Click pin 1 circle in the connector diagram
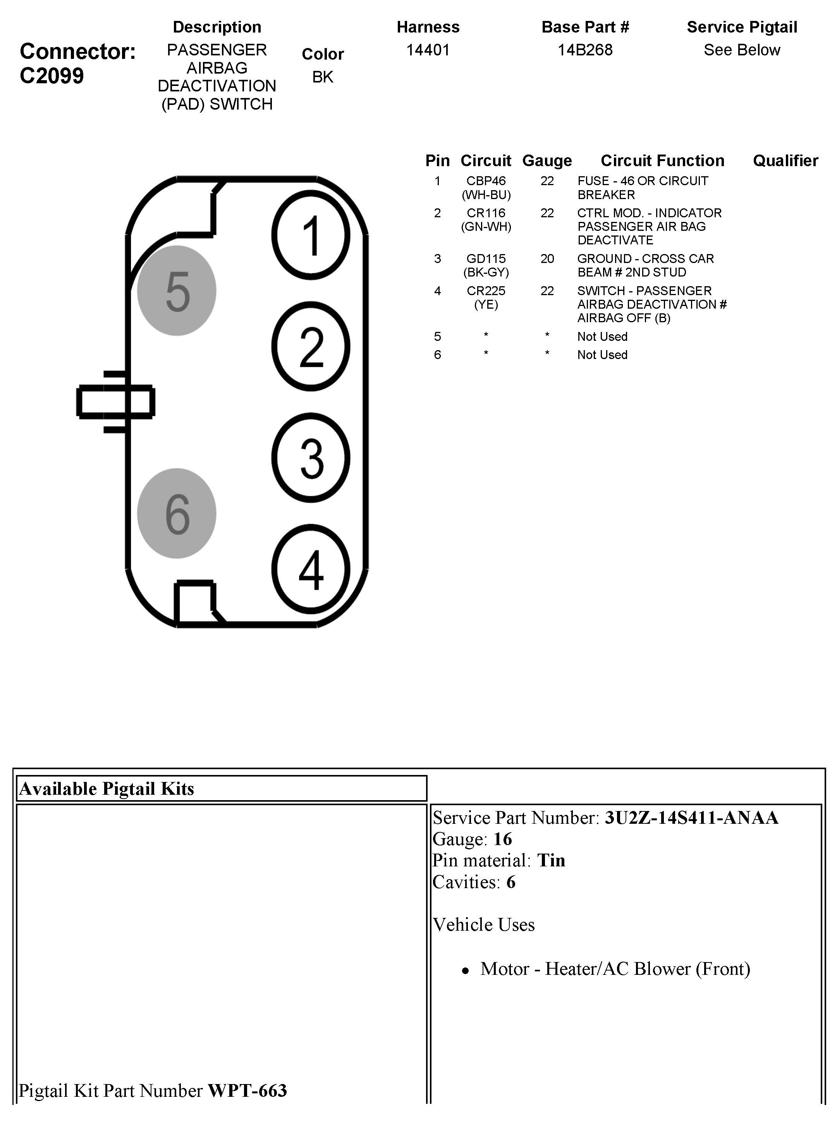click(311, 235)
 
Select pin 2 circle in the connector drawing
click(311, 347)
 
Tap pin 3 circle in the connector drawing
click(311, 458)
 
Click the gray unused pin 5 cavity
click(177, 291)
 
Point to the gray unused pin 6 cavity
click(177, 514)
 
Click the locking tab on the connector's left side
click(115, 402)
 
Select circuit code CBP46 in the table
click(486, 181)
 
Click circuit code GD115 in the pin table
click(486, 259)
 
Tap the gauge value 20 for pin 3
click(547, 259)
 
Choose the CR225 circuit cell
click(486, 291)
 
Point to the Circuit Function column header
click(662, 161)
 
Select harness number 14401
click(428, 50)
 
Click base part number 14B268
click(585, 50)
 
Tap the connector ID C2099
click(52, 76)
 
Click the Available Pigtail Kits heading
click(107, 789)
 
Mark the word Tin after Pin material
click(551, 860)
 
